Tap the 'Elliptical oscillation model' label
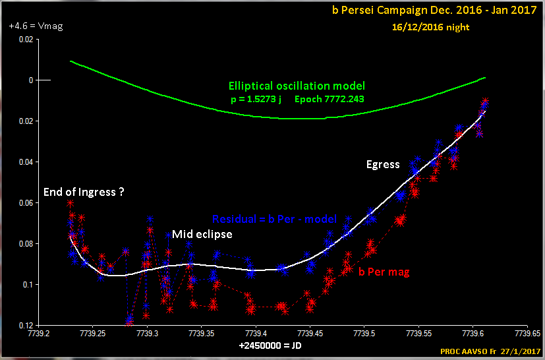[297, 86]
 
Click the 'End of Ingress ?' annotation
[84, 193]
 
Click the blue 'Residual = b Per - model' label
[274, 219]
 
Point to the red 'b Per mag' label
[384, 271]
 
